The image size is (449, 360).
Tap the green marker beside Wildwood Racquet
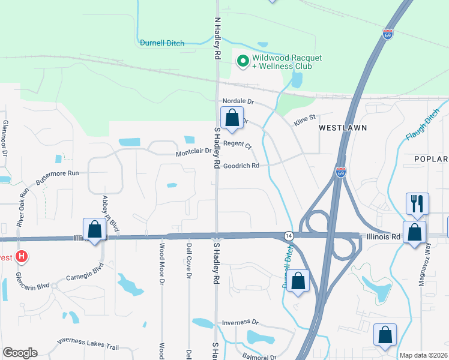click(243, 61)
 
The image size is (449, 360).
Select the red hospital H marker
click(22, 257)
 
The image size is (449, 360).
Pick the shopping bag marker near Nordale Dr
click(232, 117)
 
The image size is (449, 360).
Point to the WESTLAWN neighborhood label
click(342, 128)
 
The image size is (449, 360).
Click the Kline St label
click(304, 121)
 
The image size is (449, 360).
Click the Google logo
click(20, 353)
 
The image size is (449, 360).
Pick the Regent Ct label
click(238, 145)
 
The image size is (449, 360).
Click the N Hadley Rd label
click(217, 38)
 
